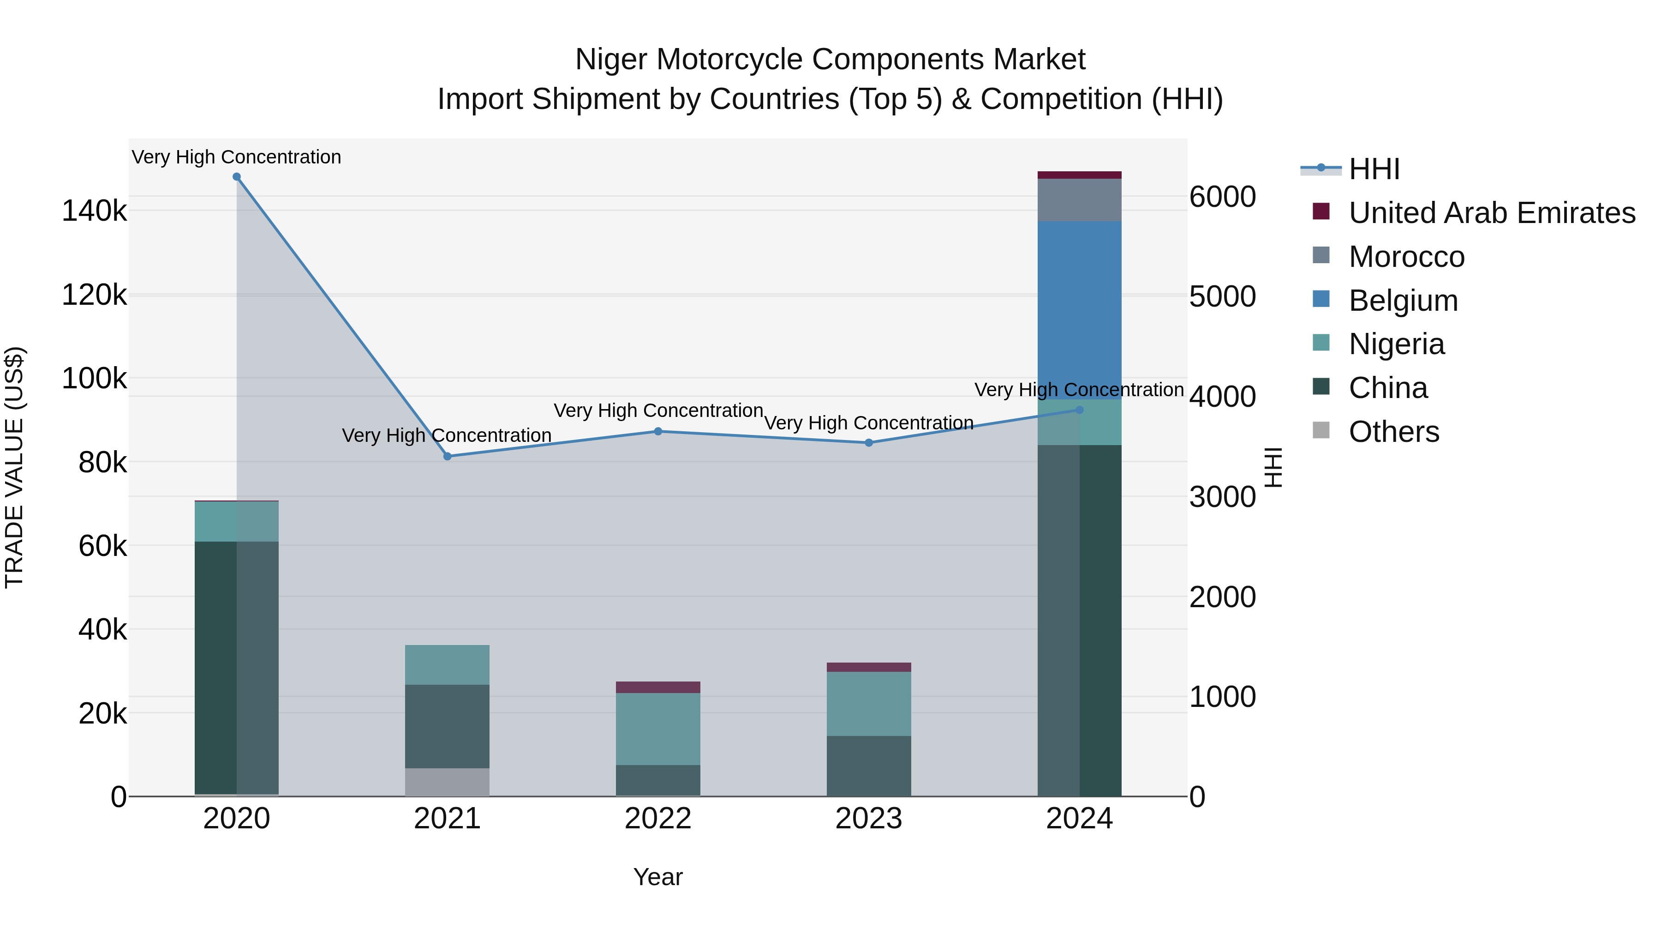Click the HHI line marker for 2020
[237, 177]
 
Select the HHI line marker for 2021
[448, 456]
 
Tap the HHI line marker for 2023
[868, 443]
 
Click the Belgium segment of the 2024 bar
[1079, 310]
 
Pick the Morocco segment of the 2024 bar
[1079, 200]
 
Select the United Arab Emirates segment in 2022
[657, 687]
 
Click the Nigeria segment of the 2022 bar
[657, 729]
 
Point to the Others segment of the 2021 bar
[448, 782]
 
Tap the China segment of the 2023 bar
[868, 766]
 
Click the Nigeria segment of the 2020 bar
[237, 521]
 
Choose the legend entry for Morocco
[1406, 257]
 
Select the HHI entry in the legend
[1374, 169]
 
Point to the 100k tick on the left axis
[94, 378]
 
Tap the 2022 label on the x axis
[657, 819]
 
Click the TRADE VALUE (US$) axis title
[14, 467]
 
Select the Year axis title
[657, 877]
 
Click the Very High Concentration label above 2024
[1079, 390]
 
